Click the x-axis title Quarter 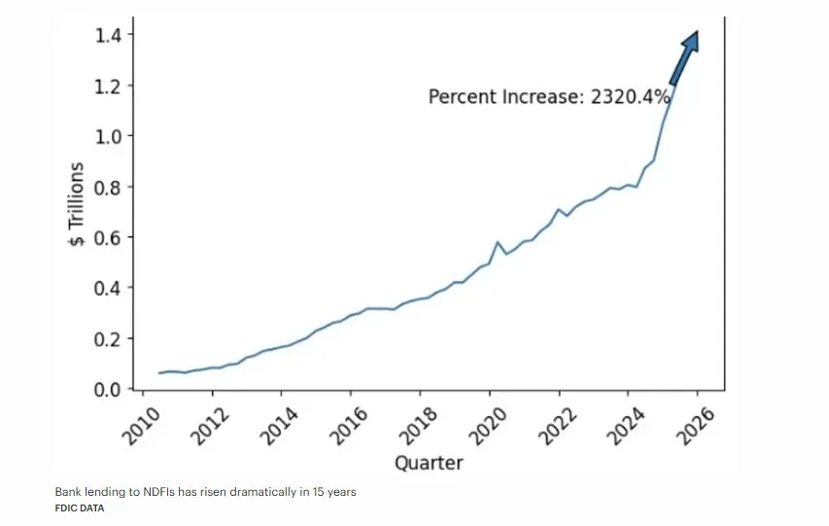(429, 463)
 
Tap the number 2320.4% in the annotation (631, 97)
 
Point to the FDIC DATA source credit (81, 508)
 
